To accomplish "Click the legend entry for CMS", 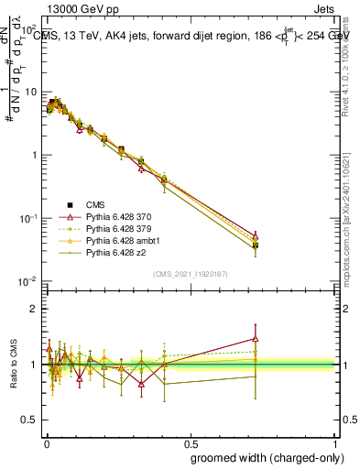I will pyautogui.click(x=95, y=205).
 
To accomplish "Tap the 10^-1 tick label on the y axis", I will pyautogui.click(x=28, y=218).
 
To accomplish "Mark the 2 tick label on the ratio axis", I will pyautogui.click(x=33, y=309).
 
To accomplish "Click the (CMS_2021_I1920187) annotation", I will pyautogui.click(x=190, y=272).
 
